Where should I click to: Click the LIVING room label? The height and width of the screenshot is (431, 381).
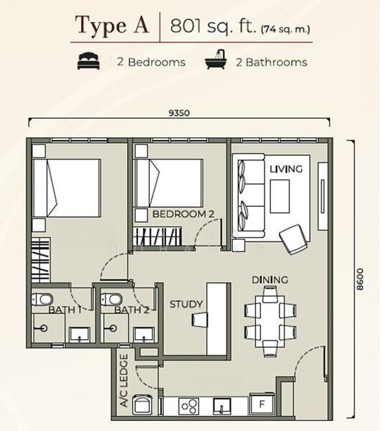click(x=286, y=169)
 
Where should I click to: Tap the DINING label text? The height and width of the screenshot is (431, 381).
click(x=270, y=280)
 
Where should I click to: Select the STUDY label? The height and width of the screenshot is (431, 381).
click(x=186, y=304)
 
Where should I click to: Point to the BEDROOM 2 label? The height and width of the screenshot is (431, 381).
click(x=183, y=214)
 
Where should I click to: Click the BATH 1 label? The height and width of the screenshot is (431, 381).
click(x=65, y=310)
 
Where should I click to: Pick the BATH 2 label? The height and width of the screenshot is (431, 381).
click(x=132, y=310)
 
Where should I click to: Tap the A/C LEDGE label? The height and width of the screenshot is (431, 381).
click(x=124, y=380)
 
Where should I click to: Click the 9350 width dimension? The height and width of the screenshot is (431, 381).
click(x=179, y=113)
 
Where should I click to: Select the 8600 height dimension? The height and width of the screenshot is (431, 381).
click(x=360, y=279)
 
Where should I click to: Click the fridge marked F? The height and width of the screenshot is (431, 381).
click(x=262, y=404)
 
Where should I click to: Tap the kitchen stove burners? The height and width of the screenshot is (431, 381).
click(x=189, y=407)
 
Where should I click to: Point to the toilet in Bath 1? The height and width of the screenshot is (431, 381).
click(x=42, y=299)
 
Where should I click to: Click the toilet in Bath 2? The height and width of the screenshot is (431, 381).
click(x=111, y=299)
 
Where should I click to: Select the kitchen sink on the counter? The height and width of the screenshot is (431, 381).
click(x=221, y=407)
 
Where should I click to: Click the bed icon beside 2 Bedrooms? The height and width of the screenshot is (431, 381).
click(x=88, y=61)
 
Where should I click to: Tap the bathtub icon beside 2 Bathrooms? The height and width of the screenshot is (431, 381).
click(x=216, y=60)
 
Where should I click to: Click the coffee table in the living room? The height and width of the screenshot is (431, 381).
click(x=280, y=196)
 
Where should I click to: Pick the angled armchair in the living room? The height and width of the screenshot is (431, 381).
click(x=293, y=239)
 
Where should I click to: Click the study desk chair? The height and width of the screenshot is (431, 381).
click(x=200, y=320)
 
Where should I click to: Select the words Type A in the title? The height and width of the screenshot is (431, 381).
click(x=111, y=26)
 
